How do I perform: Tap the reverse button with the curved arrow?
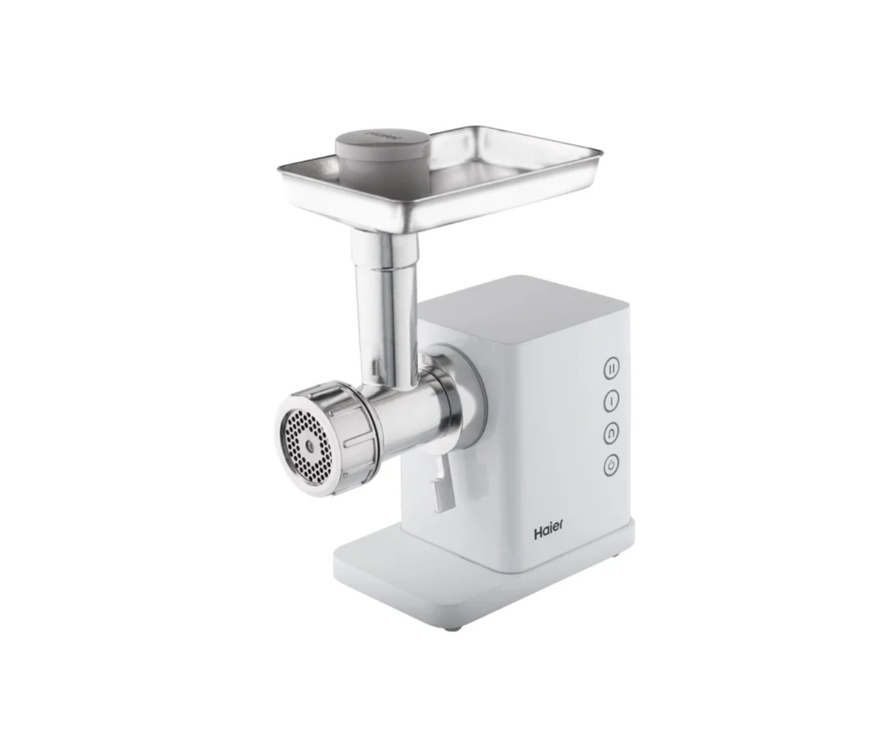(x=611, y=433)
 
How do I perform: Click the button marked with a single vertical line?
(x=611, y=401)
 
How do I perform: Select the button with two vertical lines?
(x=611, y=369)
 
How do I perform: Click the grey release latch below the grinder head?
(x=441, y=484)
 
